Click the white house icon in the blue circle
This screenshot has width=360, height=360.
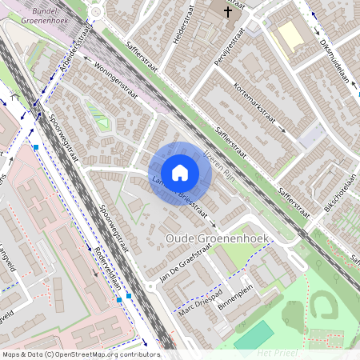pos(180,173)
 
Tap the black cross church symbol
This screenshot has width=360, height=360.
pos(228,12)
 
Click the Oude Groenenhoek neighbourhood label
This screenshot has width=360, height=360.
pos(217,238)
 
